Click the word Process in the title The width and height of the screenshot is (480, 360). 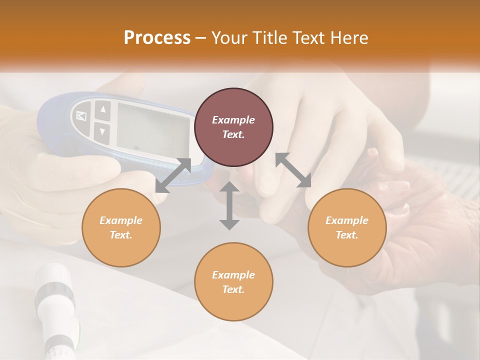[157, 38]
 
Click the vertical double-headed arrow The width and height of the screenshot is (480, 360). [229, 205]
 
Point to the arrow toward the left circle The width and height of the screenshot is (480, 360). [173, 175]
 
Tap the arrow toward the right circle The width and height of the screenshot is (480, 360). [293, 170]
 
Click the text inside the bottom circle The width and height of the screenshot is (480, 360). [233, 282]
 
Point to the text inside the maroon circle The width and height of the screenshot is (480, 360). [233, 127]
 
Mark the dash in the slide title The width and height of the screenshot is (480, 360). [201, 38]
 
